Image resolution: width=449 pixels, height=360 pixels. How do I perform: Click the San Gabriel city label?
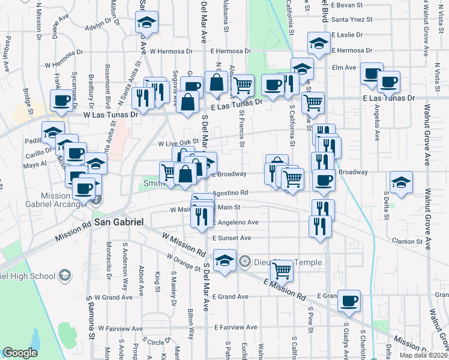tap(119, 222)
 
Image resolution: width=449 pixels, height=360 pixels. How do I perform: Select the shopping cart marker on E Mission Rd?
tap(282, 271)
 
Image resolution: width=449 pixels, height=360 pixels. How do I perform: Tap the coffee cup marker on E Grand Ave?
tap(348, 301)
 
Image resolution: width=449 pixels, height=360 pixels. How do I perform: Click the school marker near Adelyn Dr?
tap(146, 22)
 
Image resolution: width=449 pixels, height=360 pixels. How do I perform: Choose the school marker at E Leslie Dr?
tap(319, 43)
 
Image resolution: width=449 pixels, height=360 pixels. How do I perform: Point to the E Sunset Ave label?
tap(231, 238)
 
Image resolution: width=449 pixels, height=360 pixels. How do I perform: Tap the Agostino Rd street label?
tap(231, 193)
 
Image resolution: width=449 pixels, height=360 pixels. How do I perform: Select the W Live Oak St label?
tap(178, 144)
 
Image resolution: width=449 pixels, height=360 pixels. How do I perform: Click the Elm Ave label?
tap(344, 67)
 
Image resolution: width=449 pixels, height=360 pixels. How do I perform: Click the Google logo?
tap(20, 353)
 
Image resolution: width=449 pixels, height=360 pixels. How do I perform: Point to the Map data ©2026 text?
tap(423, 355)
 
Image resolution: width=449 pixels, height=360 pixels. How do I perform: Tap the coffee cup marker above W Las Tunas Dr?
tap(61, 103)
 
